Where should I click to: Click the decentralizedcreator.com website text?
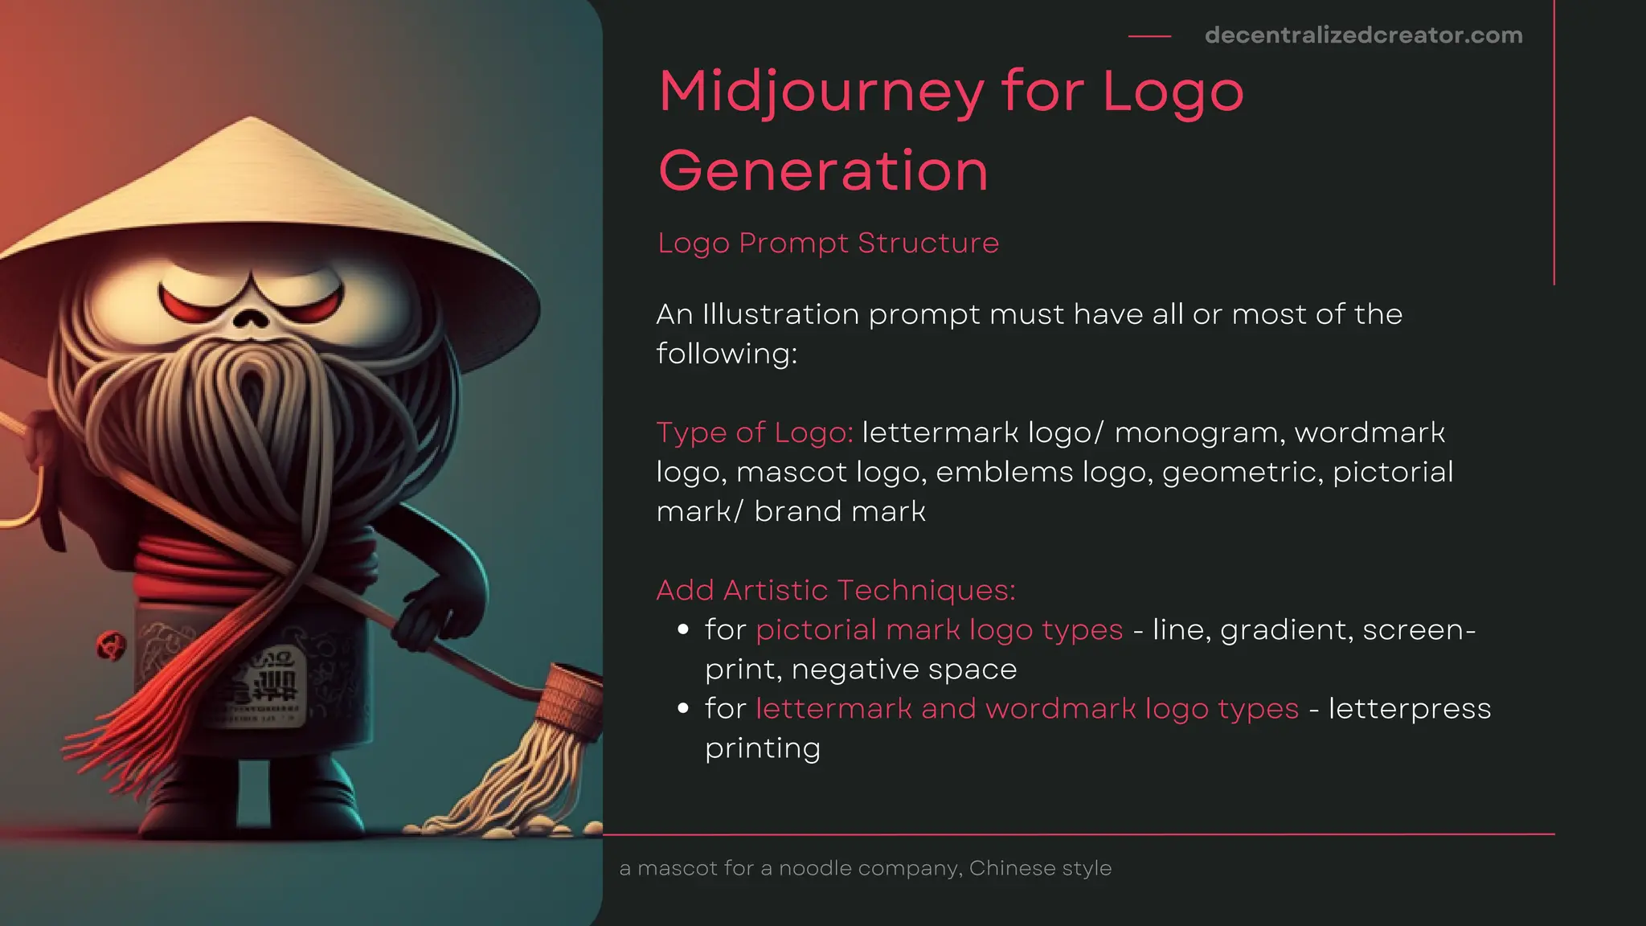1363,35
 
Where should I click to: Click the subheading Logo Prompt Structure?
828,243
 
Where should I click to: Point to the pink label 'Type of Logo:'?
755,432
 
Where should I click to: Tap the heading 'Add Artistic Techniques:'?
836,590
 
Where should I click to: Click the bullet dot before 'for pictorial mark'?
683,630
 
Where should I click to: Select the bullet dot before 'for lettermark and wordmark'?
683,709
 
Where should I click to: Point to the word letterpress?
1410,710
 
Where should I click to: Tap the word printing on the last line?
762,748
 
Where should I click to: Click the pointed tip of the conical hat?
252,120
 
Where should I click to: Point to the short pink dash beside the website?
1149,36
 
